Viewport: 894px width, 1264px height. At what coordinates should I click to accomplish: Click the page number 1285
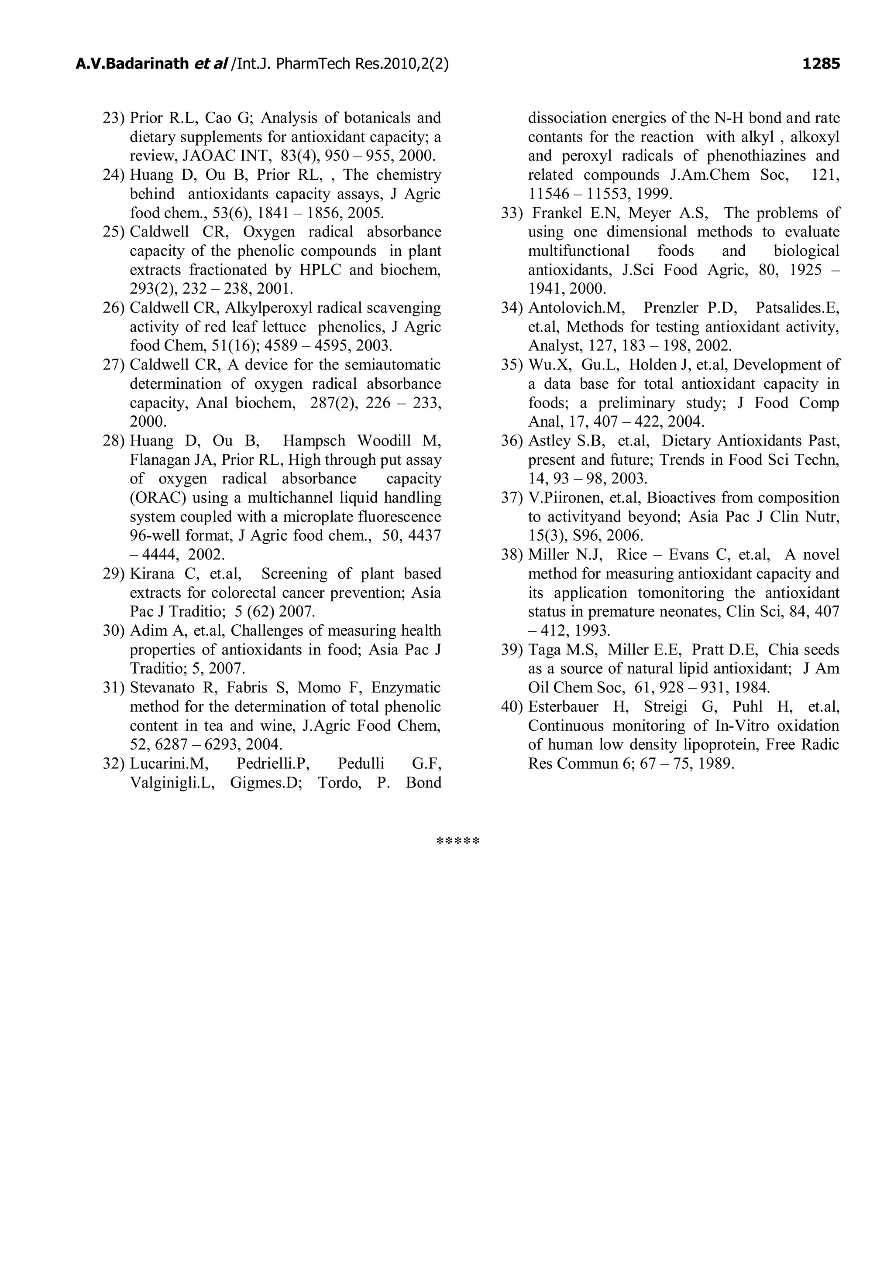[820, 65]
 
